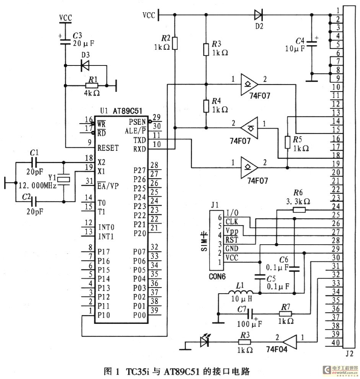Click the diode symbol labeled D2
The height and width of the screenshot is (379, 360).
coord(259,15)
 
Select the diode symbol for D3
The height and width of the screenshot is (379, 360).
coord(85,65)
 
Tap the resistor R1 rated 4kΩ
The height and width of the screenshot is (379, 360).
coord(92,86)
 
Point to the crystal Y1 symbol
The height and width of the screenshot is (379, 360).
coord(64,179)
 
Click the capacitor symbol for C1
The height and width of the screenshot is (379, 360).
coord(34,162)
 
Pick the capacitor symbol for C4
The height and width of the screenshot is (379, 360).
coord(312,44)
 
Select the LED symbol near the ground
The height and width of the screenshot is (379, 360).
coord(205,341)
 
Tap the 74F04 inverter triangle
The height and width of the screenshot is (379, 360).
coord(290,342)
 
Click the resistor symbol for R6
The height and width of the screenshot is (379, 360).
coord(299,210)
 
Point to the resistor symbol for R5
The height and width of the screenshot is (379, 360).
coord(287,142)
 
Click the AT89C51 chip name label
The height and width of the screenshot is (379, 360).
coord(127,111)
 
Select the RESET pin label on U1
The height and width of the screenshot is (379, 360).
coord(108,148)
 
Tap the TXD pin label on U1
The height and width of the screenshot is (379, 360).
coord(140,140)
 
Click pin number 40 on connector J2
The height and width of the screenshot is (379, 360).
coord(336,343)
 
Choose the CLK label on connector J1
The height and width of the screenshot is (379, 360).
coord(232,222)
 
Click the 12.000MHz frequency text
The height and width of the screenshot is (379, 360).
coord(37,186)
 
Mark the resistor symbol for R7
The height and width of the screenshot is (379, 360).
coord(285,314)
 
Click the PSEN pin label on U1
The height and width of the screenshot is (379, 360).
coord(137,122)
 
